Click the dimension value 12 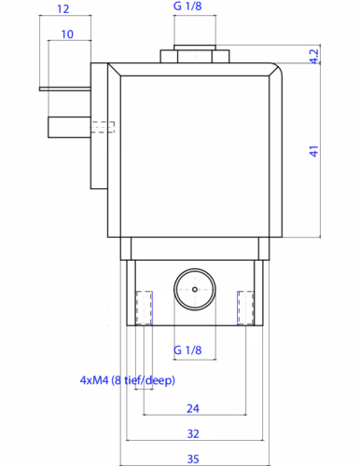63,8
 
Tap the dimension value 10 67,34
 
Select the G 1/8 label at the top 187,6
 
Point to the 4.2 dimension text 314,56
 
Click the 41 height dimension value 314,151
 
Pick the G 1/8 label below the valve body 187,350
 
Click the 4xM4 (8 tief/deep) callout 128,380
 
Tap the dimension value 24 193,408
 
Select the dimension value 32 193,433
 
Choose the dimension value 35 193,459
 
